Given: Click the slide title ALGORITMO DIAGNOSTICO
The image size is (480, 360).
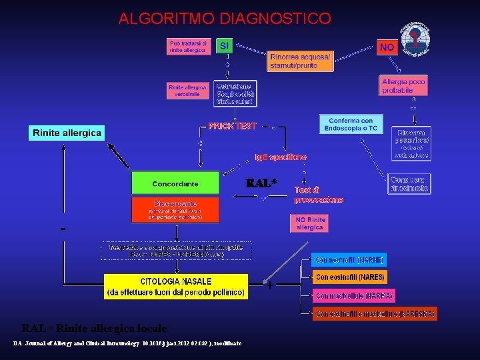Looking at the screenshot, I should (x=224, y=18).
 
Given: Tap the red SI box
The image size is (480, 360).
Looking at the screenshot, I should (x=225, y=45).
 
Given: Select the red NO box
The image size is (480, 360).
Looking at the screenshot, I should (x=386, y=47).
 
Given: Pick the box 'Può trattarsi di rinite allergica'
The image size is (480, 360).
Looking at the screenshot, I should (x=189, y=47).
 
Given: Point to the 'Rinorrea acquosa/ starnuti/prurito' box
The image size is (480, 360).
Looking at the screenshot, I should (x=300, y=61).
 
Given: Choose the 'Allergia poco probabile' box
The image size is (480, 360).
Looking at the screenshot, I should (x=403, y=86).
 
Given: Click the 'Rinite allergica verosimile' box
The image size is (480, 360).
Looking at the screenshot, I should (x=187, y=91).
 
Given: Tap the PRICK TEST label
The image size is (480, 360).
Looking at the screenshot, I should (x=232, y=126).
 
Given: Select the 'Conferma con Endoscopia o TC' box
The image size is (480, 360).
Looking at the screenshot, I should (x=351, y=124).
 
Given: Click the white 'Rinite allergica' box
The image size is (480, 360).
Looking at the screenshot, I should (x=67, y=133).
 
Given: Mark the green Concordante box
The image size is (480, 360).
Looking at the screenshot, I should (x=175, y=183).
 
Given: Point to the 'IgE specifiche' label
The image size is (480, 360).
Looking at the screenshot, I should (x=281, y=157).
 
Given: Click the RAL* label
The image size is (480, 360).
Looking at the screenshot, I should (x=261, y=182).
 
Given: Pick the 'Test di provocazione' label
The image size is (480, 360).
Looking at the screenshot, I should (x=318, y=194).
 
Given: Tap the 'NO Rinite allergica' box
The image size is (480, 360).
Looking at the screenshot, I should (x=309, y=223).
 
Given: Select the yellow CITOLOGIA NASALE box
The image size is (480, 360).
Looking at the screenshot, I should (x=176, y=287).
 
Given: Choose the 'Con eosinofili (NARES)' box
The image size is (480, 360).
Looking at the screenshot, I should (x=350, y=277).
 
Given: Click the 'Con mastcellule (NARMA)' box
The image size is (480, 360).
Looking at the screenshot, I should (x=354, y=295).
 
